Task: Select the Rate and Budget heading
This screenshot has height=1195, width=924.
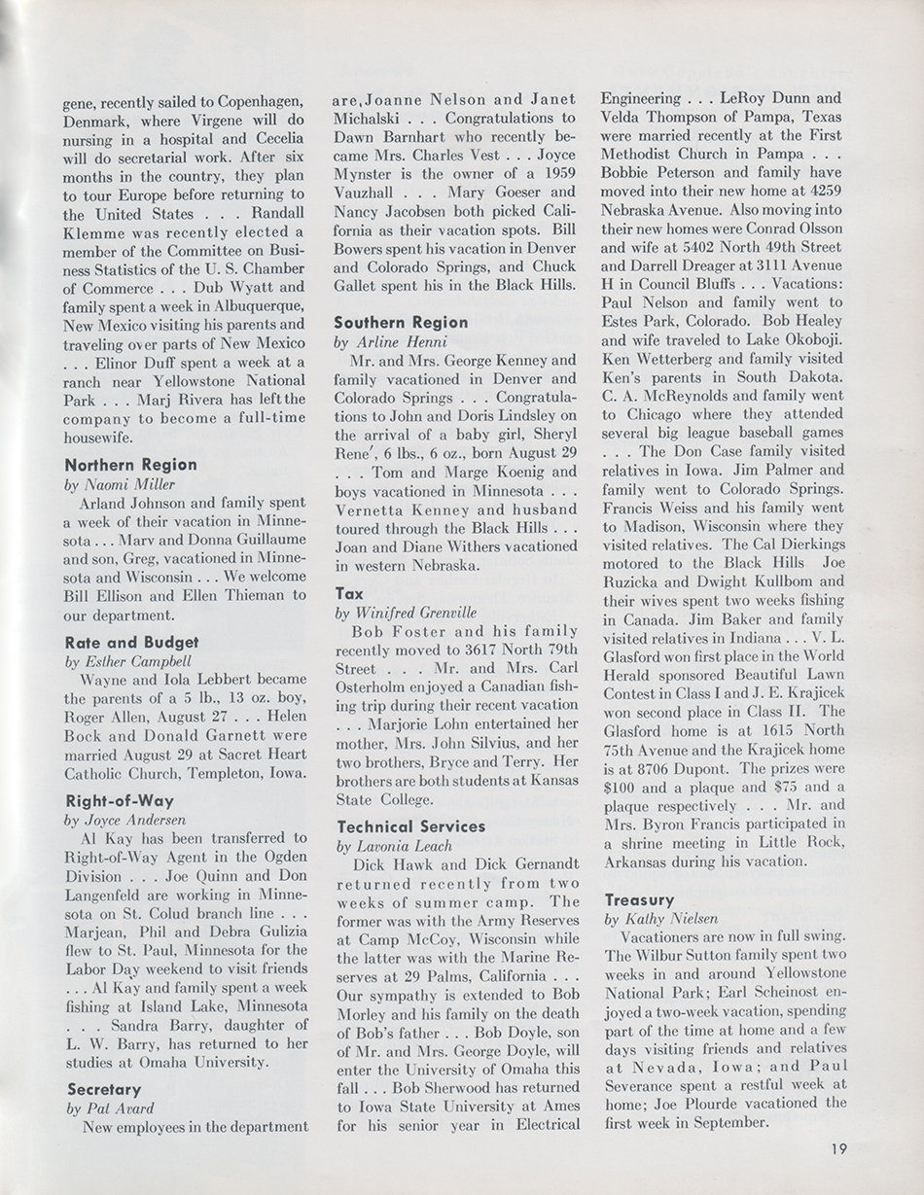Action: pos(131,642)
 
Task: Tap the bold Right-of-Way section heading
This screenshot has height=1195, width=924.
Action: pos(121,801)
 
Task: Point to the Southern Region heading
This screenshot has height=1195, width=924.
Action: pos(401,322)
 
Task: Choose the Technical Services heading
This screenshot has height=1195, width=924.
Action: pos(410,826)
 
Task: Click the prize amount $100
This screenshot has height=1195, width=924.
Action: pos(620,787)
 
